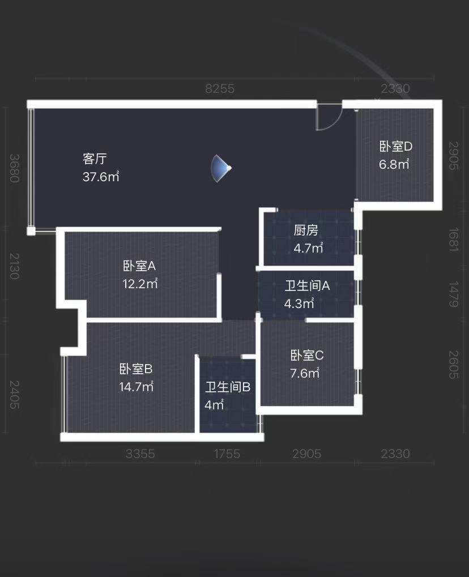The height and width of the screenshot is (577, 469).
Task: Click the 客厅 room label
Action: pos(95,158)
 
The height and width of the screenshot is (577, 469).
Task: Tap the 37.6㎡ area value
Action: pos(101,177)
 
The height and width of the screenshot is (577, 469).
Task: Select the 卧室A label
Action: pos(139,266)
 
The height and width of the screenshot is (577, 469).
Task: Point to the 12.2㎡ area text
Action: pos(140,284)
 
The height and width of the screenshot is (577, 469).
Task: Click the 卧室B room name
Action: pos(136,369)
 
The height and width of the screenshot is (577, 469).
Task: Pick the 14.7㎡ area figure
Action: pos(137,387)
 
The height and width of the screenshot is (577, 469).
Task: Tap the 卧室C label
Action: pos(307,356)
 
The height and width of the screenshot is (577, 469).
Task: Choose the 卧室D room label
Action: pos(396,146)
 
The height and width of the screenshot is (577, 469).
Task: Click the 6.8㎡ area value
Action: pos(394,164)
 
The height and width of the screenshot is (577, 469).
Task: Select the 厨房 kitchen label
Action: pos(306,230)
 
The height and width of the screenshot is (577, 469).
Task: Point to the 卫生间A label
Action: pos(307,285)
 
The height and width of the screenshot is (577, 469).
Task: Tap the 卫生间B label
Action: pos(228,387)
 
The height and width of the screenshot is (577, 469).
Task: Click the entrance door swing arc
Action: pos(329,118)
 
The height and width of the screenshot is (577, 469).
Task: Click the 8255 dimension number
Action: pos(219,89)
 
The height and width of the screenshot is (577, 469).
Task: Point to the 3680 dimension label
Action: pos(15,168)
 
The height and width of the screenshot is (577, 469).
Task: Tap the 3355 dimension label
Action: pos(140,454)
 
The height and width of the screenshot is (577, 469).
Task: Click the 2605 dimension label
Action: pos(453,365)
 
